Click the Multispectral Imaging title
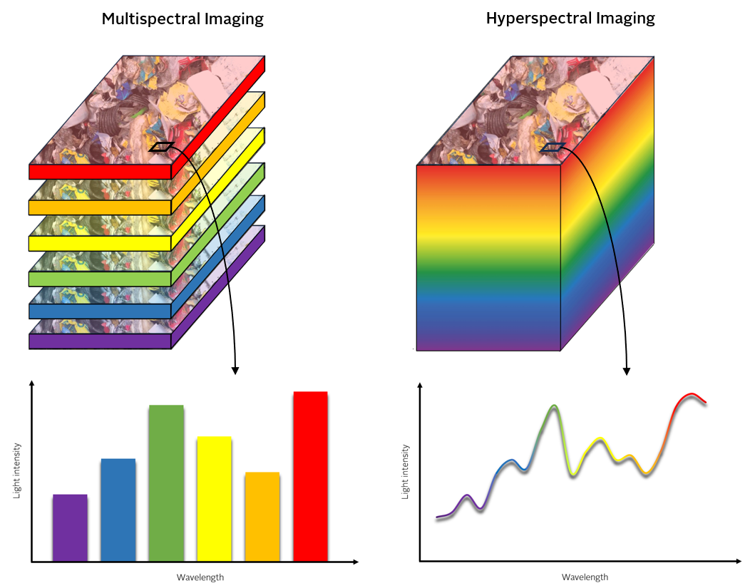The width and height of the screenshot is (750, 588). (x=183, y=19)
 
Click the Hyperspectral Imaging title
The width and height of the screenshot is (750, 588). (x=570, y=19)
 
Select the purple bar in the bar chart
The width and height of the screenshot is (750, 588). (x=70, y=527)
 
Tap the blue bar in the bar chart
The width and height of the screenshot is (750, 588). (x=118, y=510)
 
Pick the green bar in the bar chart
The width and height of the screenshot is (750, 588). (x=166, y=483)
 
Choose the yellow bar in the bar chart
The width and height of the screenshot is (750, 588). (x=214, y=498)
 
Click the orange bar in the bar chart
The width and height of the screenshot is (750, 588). (x=262, y=516)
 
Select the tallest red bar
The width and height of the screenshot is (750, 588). (x=310, y=476)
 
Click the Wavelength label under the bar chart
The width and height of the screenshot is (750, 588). (x=195, y=577)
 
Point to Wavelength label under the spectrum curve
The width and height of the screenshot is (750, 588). (x=585, y=577)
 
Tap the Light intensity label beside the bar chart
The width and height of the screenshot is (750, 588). (x=17, y=470)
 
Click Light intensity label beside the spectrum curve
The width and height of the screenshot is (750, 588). (x=406, y=471)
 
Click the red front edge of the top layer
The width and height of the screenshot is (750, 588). (x=100, y=172)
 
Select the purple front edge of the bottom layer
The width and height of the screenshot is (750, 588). (x=100, y=341)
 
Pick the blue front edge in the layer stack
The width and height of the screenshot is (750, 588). (x=100, y=311)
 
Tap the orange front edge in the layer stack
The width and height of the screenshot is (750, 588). (x=100, y=207)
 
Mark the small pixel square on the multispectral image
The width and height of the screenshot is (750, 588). (x=161, y=147)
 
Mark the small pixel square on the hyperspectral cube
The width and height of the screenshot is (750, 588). (x=553, y=148)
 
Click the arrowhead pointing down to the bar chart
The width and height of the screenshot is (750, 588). (x=235, y=371)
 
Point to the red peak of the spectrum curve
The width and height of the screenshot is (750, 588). (x=689, y=395)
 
